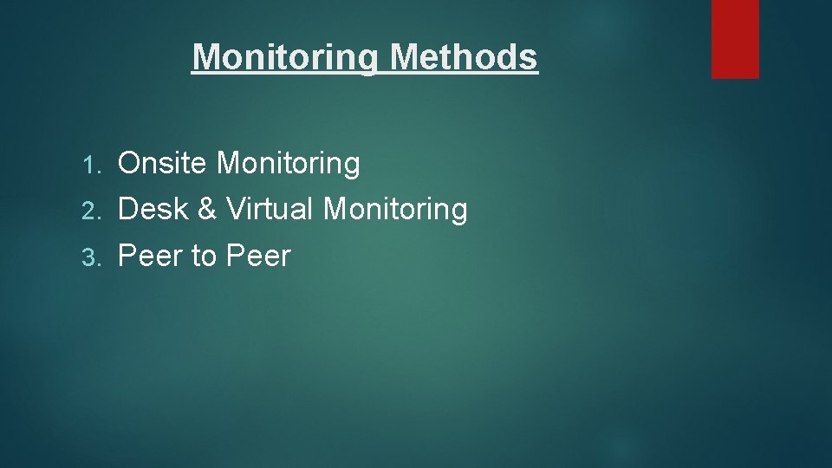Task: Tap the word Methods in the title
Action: click(464, 57)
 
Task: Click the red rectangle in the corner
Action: click(735, 38)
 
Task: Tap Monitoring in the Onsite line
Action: click(288, 163)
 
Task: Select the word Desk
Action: click(153, 209)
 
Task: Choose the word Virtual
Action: click(270, 209)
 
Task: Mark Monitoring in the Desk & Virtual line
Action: click(395, 210)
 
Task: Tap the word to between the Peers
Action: click(204, 257)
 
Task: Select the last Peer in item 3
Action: click(258, 256)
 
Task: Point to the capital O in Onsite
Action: click(128, 163)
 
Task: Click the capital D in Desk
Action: click(127, 209)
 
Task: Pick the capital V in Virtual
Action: click(235, 209)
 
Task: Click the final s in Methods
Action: click(530, 58)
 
